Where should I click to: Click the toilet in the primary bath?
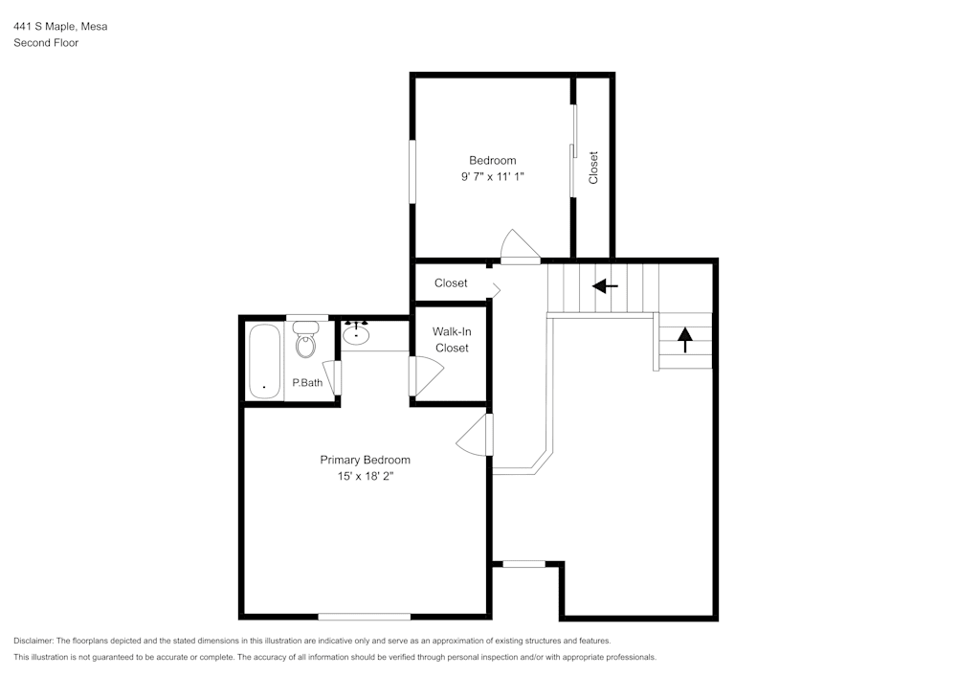305,342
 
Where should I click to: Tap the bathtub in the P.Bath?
263,361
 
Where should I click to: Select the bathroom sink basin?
356,334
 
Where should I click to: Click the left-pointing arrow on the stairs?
605,285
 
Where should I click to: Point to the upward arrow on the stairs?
685,339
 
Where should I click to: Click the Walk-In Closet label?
452,340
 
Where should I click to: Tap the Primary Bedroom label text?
365,460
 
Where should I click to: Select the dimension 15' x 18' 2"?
365,476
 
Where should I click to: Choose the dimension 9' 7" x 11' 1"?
492,176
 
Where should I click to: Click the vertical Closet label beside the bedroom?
593,168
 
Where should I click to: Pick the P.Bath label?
306,384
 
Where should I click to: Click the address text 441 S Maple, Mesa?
60,27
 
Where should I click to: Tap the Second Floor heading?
46,43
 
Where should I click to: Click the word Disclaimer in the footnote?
34,641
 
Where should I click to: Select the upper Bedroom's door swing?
520,246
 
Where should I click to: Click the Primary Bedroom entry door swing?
474,439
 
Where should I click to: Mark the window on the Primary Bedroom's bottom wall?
364,616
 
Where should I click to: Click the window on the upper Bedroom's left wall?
412,172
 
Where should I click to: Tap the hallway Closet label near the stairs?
451,282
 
